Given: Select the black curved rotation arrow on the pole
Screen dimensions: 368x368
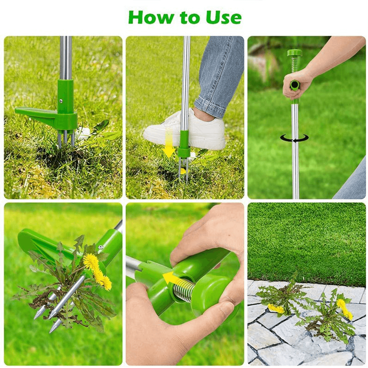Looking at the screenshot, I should click(x=294, y=138).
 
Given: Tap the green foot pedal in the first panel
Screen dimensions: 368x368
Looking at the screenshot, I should click(x=37, y=113).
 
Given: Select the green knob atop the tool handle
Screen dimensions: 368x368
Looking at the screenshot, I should click(x=294, y=53).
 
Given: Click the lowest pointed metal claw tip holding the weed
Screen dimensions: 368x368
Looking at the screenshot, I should click(x=52, y=329).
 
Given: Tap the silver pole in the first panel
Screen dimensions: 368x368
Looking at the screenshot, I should click(x=66, y=57).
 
